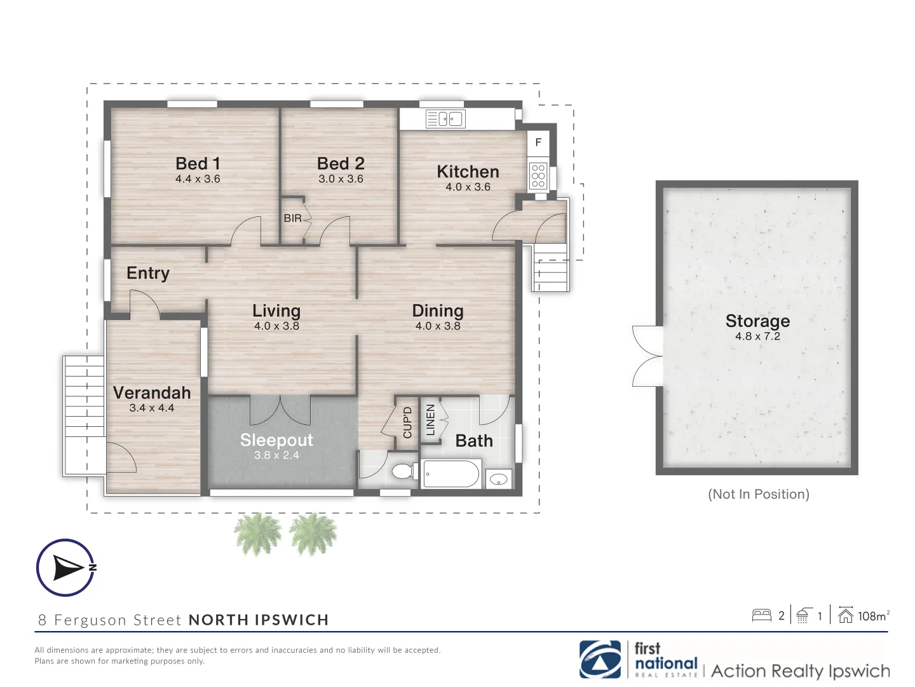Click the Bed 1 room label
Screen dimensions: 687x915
(x=198, y=163)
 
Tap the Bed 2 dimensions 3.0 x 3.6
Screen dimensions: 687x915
(x=341, y=179)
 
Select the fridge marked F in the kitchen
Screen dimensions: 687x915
(x=538, y=142)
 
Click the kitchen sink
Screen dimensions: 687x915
(x=446, y=119)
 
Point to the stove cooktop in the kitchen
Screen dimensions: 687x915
(x=538, y=176)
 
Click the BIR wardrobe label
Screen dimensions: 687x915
(x=292, y=218)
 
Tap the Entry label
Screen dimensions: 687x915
(x=148, y=273)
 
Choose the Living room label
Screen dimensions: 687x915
(x=276, y=310)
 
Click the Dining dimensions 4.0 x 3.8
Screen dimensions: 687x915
(x=438, y=326)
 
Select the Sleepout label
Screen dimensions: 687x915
(x=276, y=440)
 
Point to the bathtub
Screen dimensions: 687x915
(x=451, y=474)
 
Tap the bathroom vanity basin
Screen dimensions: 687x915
(x=499, y=479)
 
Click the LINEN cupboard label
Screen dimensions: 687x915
(x=430, y=420)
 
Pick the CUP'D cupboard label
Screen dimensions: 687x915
(x=407, y=422)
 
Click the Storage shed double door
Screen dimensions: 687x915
(x=648, y=356)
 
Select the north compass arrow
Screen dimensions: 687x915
(x=66, y=567)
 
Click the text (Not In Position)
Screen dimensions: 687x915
(x=758, y=494)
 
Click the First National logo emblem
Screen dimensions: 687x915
(x=600, y=660)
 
